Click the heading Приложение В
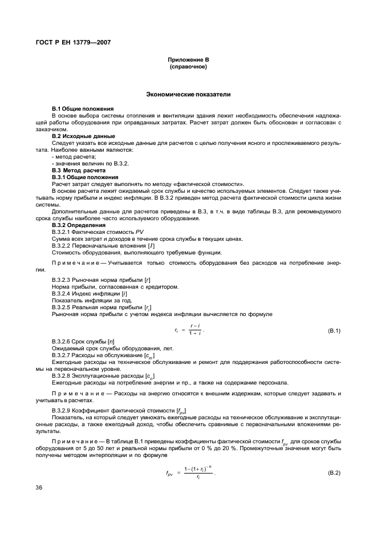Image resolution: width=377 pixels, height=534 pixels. [x=188, y=60]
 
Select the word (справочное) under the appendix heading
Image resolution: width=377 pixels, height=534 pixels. [x=188, y=67]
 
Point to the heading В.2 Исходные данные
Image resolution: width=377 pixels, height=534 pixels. [x=83, y=136]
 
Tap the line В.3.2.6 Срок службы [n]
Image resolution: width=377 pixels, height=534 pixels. [x=83, y=341]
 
